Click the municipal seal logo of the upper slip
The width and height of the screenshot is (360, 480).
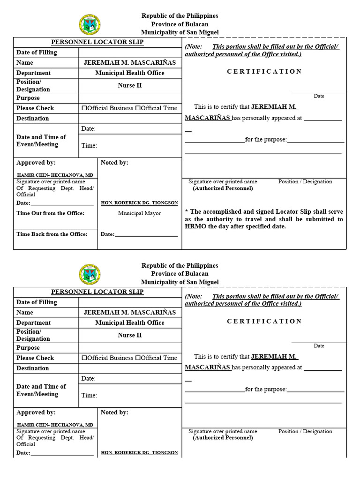pyautogui.click(x=89, y=24)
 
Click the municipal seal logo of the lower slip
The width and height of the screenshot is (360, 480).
pyautogui.click(x=89, y=274)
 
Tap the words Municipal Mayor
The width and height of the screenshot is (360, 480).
pyautogui.click(x=139, y=213)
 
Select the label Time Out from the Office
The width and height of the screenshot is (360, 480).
pyautogui.click(x=51, y=213)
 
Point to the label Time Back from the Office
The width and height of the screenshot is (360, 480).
pyautogui.click(x=52, y=234)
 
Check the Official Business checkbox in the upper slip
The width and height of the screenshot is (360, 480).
pyautogui.click(x=84, y=108)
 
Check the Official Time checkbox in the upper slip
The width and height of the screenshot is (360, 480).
pyautogui.click(x=138, y=108)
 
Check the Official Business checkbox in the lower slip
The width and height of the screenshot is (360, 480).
pyautogui.click(x=84, y=358)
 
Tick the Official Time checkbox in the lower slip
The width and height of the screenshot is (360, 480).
pyautogui.click(x=138, y=358)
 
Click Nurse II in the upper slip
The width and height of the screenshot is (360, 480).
pyautogui.click(x=130, y=86)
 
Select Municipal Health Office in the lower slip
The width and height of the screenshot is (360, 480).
pyautogui.click(x=130, y=323)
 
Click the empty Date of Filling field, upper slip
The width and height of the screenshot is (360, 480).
pyautogui.click(x=130, y=52)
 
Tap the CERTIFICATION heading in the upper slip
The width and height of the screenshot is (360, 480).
pyautogui.click(x=264, y=72)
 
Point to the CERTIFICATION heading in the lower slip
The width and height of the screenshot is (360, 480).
pyautogui.click(x=264, y=322)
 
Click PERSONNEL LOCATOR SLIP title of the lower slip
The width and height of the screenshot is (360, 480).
pyautogui.click(x=97, y=292)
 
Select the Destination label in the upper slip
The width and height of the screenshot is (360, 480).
pyautogui.click(x=33, y=119)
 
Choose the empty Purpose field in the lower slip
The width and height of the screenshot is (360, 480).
pyautogui.click(x=130, y=348)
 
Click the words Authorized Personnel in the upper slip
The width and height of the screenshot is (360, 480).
pyautogui.click(x=223, y=188)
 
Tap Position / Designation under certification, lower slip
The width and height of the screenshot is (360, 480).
pyautogui.click(x=305, y=431)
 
